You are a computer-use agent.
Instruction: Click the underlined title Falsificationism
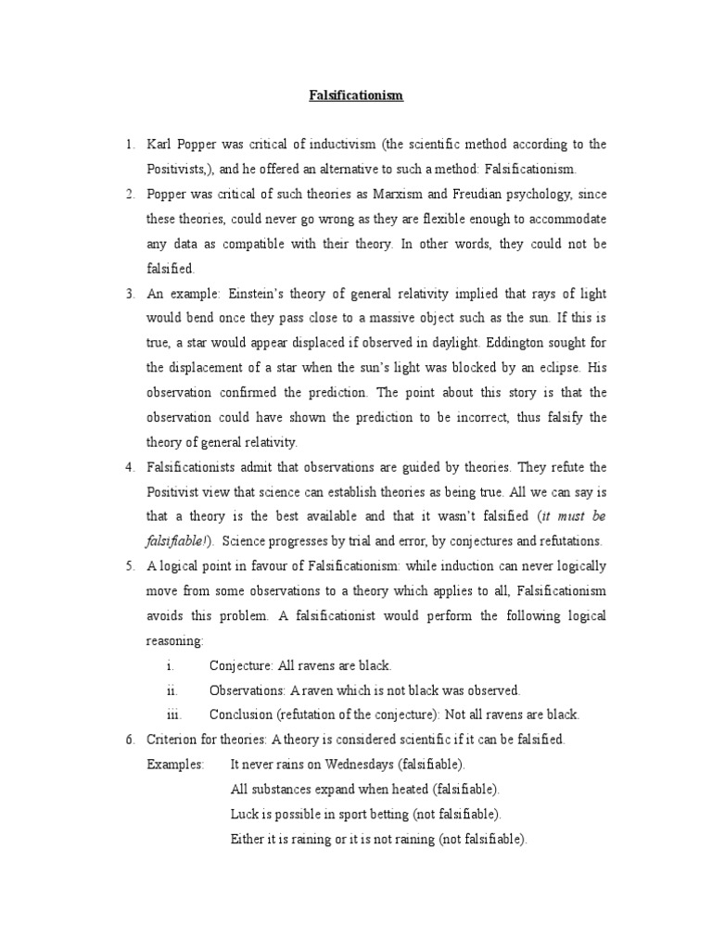point(356,95)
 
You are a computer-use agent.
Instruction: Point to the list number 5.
point(129,566)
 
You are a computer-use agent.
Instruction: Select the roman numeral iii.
point(171,715)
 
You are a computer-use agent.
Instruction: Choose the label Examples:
point(175,765)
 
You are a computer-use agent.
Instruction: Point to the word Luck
point(244,815)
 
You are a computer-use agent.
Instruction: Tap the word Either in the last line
point(247,840)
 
